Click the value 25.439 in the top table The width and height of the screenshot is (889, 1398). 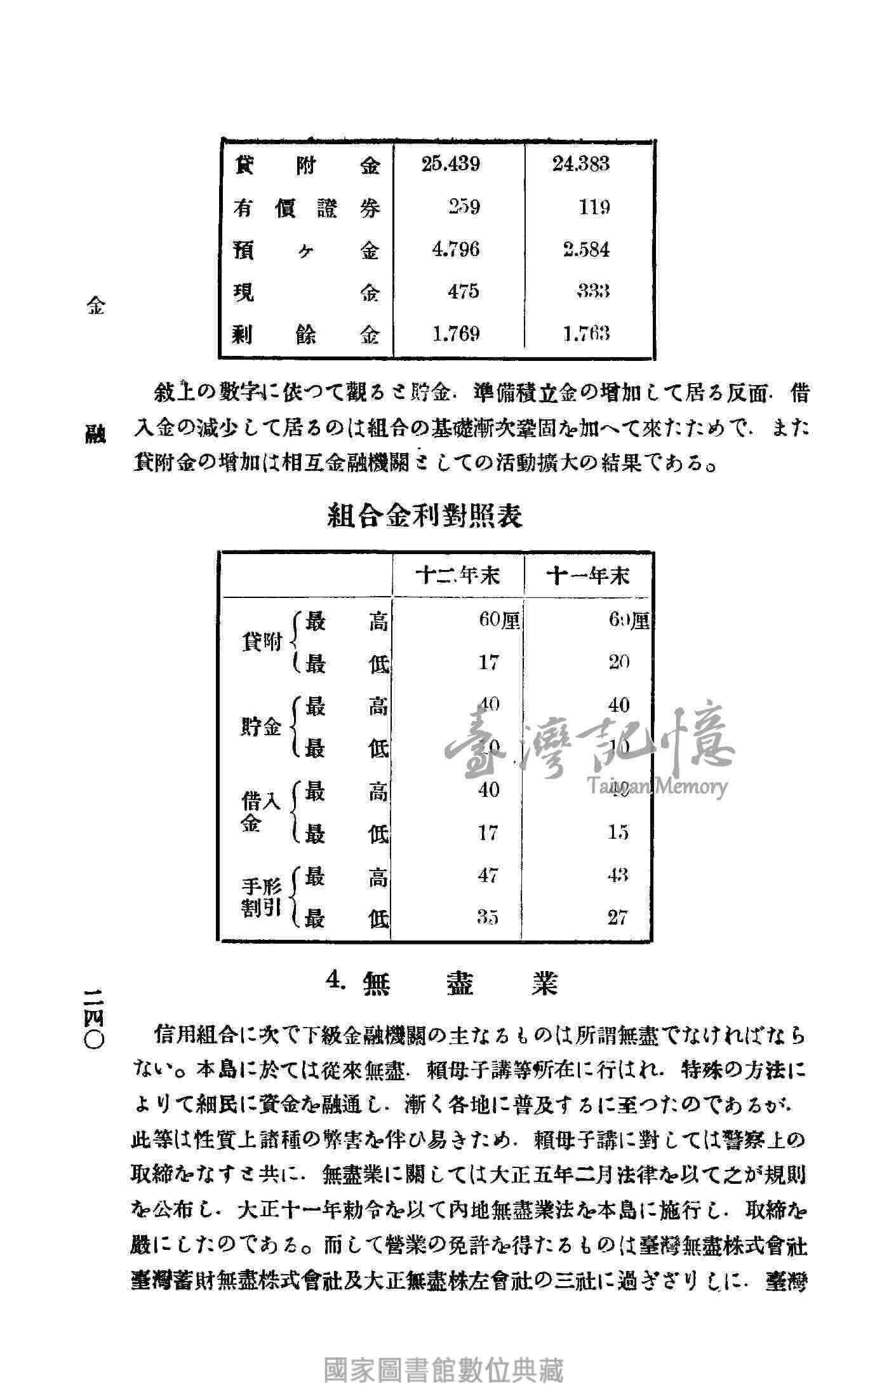(450, 165)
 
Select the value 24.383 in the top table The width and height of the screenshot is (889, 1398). (580, 165)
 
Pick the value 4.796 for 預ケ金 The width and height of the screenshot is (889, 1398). (455, 249)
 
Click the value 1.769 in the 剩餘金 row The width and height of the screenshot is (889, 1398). (455, 334)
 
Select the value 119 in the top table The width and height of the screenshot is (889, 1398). (594, 207)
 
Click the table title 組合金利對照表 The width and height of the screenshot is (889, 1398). (425, 515)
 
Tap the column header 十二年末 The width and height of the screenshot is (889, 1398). (457, 576)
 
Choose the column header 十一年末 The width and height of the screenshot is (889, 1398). (588, 576)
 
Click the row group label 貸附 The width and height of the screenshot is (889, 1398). (262, 642)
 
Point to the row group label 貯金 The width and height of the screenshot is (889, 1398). (261, 727)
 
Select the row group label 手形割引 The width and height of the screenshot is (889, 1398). (262, 897)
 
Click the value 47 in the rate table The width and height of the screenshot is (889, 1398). (488, 875)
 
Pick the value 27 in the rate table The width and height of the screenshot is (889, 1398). (617, 917)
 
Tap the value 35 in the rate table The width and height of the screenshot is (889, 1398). (488, 917)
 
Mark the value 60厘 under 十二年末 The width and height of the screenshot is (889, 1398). (499, 620)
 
